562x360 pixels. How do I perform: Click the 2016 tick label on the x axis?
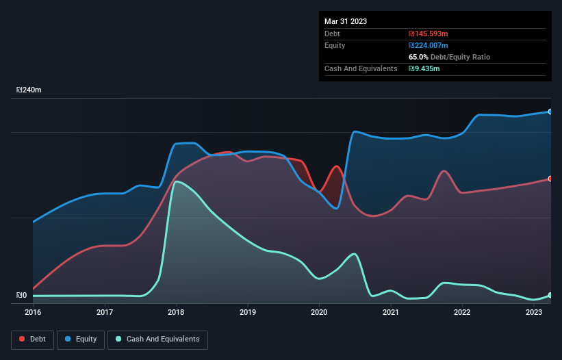pos(33,312)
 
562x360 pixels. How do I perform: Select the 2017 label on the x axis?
pos(105,312)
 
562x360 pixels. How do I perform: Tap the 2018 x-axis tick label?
pos(176,312)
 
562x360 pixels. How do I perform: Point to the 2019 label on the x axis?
pos(248,312)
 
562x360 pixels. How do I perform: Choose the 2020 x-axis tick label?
pos(319,312)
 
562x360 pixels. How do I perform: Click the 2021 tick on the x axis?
pos(391,312)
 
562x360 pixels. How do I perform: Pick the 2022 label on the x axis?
pos(462,312)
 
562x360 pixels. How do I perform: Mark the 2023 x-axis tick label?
pos(534,312)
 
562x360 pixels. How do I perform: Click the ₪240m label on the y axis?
pos(29,90)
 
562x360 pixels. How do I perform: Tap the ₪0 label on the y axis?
pos(22,296)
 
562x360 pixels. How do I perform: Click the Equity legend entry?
pos(81,339)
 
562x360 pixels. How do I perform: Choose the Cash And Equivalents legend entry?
pos(157,339)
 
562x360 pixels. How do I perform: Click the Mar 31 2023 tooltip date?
pos(346,21)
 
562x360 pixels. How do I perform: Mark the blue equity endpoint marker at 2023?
pos(550,112)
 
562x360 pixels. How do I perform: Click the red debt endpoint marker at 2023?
pos(550,179)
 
